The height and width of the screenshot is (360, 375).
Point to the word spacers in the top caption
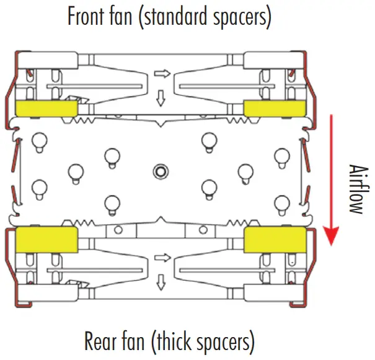click(x=242, y=17)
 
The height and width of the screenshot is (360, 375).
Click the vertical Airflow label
click(x=355, y=189)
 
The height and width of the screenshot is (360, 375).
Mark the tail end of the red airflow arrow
click(x=332, y=116)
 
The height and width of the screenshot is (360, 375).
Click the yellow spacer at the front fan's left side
click(x=46, y=108)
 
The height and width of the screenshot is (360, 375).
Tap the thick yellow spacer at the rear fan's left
click(x=46, y=240)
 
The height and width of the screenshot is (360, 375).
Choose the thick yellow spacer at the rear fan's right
click(x=275, y=240)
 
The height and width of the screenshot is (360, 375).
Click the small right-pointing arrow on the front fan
click(x=162, y=74)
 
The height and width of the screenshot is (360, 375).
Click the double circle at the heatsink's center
click(x=161, y=170)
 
